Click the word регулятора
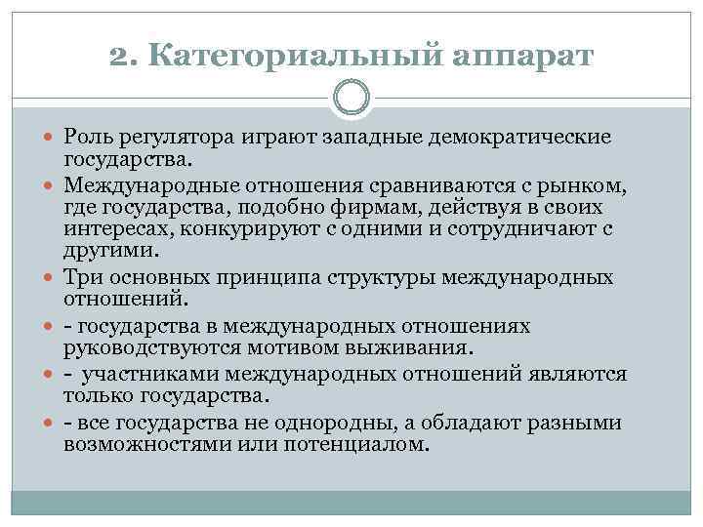174,138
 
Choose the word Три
83,278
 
